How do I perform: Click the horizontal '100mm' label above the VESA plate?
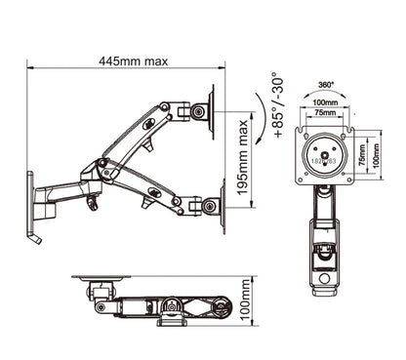(326, 101)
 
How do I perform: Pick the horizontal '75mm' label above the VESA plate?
(326, 112)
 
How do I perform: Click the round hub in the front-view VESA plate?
(326, 153)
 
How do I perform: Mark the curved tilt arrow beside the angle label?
(256, 108)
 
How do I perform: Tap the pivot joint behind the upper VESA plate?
(198, 112)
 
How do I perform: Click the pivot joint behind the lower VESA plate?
(198, 207)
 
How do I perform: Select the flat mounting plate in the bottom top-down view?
(98, 278)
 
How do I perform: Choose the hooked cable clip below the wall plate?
(36, 237)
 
